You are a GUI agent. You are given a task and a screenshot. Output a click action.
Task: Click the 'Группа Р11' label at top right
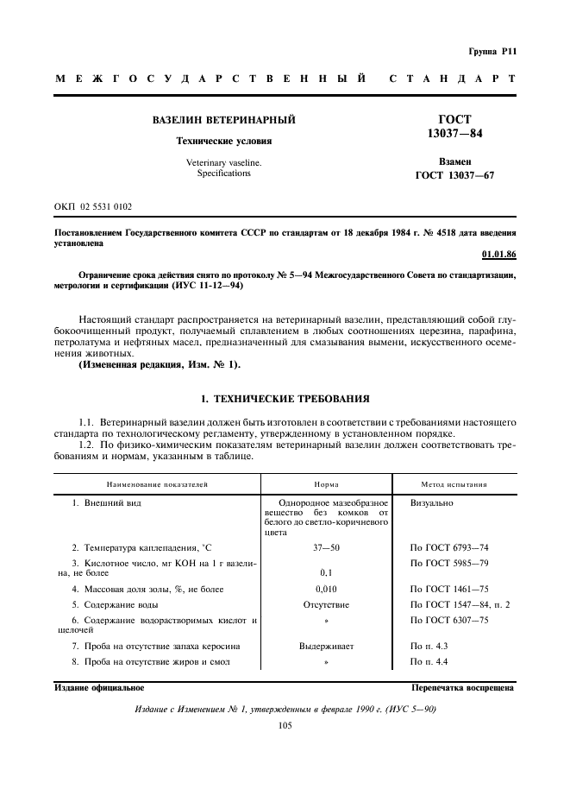(x=492, y=51)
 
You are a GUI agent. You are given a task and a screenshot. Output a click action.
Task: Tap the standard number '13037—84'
(x=454, y=134)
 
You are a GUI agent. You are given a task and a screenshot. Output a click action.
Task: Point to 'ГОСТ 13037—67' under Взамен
(x=454, y=175)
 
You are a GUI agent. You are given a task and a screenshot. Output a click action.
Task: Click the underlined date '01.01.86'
(x=498, y=256)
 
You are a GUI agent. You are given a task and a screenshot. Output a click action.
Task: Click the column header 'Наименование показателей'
(x=157, y=484)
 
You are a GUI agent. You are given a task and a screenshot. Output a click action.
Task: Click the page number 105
(x=285, y=726)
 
